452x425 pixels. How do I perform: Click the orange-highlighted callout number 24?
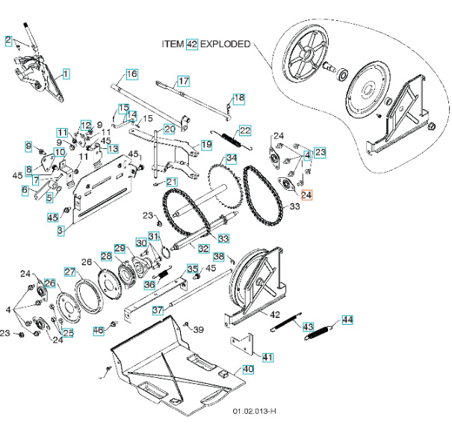pyautogui.click(x=308, y=194)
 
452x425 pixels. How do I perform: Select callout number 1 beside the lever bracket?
pyautogui.click(x=66, y=73)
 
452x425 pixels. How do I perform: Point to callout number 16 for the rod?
pyautogui.click(x=131, y=74)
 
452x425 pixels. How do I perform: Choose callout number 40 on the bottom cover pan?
pyautogui.click(x=248, y=370)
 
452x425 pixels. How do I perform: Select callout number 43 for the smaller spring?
pyautogui.click(x=308, y=327)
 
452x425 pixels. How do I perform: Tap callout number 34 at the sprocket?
pyautogui.click(x=232, y=159)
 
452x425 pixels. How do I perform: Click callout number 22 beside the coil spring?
pyautogui.click(x=245, y=131)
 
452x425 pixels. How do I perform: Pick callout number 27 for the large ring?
pyautogui.click(x=69, y=272)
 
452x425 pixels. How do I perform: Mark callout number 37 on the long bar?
pyautogui.click(x=158, y=310)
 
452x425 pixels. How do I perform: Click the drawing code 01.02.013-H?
pyautogui.click(x=254, y=412)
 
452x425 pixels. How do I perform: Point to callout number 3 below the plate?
pyautogui.click(x=61, y=231)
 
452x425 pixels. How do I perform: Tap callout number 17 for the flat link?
pyautogui.click(x=183, y=82)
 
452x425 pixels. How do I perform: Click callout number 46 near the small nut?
pyautogui.click(x=98, y=330)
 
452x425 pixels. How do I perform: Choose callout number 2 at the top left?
pyautogui.click(x=8, y=40)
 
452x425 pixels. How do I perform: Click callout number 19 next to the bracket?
pyautogui.click(x=207, y=144)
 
